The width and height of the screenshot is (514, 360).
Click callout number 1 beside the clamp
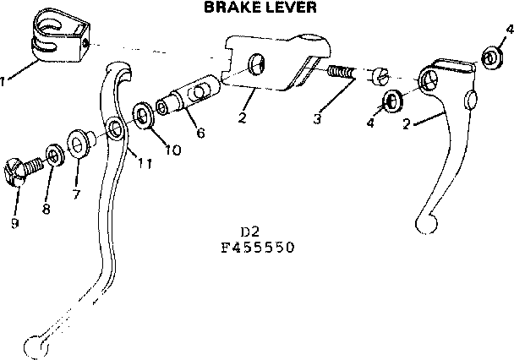click(5, 81)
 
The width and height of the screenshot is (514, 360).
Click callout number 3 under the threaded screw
click(317, 119)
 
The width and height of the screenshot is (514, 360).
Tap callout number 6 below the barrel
click(200, 132)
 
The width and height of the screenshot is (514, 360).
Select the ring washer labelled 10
click(144, 115)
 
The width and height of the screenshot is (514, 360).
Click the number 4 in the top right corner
click(509, 30)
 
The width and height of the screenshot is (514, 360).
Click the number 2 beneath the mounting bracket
click(242, 118)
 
